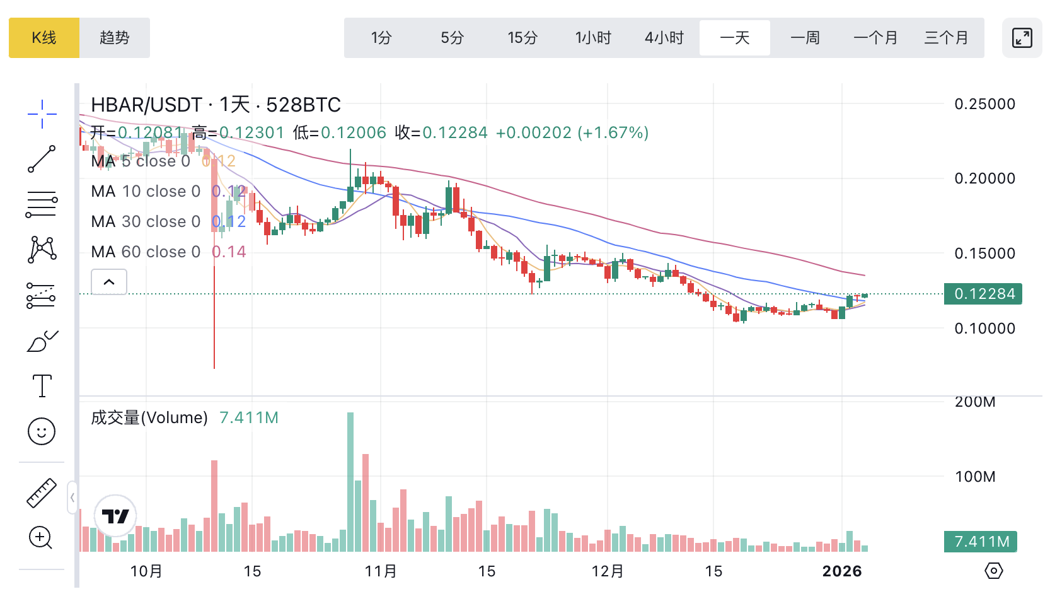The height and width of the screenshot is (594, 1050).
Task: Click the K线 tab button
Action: pyautogui.click(x=44, y=38)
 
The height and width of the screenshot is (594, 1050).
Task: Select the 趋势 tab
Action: pyautogui.click(x=115, y=38)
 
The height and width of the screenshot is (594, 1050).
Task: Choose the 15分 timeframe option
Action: pyautogui.click(x=522, y=38)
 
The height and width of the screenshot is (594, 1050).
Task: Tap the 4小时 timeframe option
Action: pyautogui.click(x=664, y=38)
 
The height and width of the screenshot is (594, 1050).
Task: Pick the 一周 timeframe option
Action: pyautogui.click(x=805, y=38)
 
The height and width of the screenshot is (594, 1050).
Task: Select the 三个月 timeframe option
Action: pyautogui.click(x=946, y=38)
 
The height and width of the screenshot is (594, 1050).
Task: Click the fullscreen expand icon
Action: pyautogui.click(x=1022, y=38)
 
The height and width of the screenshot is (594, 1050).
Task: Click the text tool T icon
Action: pyautogui.click(x=42, y=385)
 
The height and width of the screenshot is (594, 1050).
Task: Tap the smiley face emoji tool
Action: pyautogui.click(x=42, y=431)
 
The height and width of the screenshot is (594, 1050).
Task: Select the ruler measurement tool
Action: pyautogui.click(x=42, y=493)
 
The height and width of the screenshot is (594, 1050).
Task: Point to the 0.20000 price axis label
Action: pyautogui.click(x=984, y=178)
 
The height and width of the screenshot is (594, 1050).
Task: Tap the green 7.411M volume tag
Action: pyautogui.click(x=981, y=542)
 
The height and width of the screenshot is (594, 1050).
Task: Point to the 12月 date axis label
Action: pyautogui.click(x=608, y=571)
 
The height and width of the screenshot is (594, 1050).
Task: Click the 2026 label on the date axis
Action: pyautogui.click(x=842, y=571)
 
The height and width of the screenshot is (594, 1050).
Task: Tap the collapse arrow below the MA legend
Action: pyautogui.click(x=109, y=282)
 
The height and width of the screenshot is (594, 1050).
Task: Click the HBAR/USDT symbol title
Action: pyautogui.click(x=146, y=105)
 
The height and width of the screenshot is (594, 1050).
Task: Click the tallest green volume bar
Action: pyautogui.click(x=350, y=482)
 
